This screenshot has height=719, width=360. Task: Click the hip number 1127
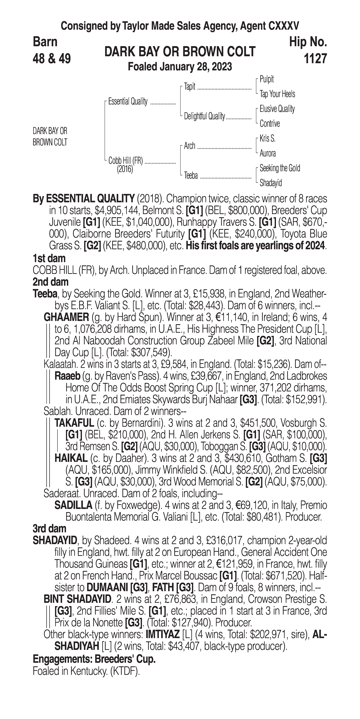pos(315,59)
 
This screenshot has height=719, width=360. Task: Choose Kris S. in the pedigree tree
pos(267,138)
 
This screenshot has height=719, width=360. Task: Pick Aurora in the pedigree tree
pos(268,153)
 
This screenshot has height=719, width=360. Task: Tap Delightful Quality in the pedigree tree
pos(204,116)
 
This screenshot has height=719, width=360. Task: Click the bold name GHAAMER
pos(66,317)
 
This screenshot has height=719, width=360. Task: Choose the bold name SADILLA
pos(73,505)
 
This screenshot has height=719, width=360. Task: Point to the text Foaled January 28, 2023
pos(180,67)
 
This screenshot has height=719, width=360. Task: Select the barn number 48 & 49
pos(52,59)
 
